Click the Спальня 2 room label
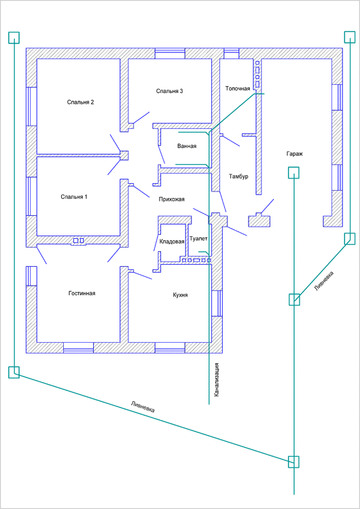pyautogui.click(x=81, y=102)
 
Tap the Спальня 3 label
pyautogui.click(x=169, y=91)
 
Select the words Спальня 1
pyautogui.click(x=74, y=197)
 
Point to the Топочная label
pyautogui.click(x=238, y=89)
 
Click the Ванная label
pyautogui.click(x=187, y=146)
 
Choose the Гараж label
pyautogui.click(x=295, y=154)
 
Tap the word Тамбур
pyautogui.click(x=238, y=176)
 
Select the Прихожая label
pyautogui.click(x=172, y=200)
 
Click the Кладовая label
pyautogui.click(x=172, y=242)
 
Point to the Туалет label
pyautogui.click(x=198, y=239)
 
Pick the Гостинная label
pyautogui.click(x=82, y=293)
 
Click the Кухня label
pyautogui.click(x=180, y=295)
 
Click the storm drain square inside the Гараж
pyautogui.click(x=293, y=172)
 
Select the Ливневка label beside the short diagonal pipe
pyautogui.click(x=324, y=280)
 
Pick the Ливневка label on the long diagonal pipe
pyautogui.click(x=143, y=407)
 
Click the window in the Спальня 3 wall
pyautogui.click(x=170, y=54)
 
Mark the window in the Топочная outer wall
pyautogui.click(x=232, y=54)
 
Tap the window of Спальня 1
pyautogui.click(x=31, y=196)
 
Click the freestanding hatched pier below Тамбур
pyautogui.click(x=259, y=221)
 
